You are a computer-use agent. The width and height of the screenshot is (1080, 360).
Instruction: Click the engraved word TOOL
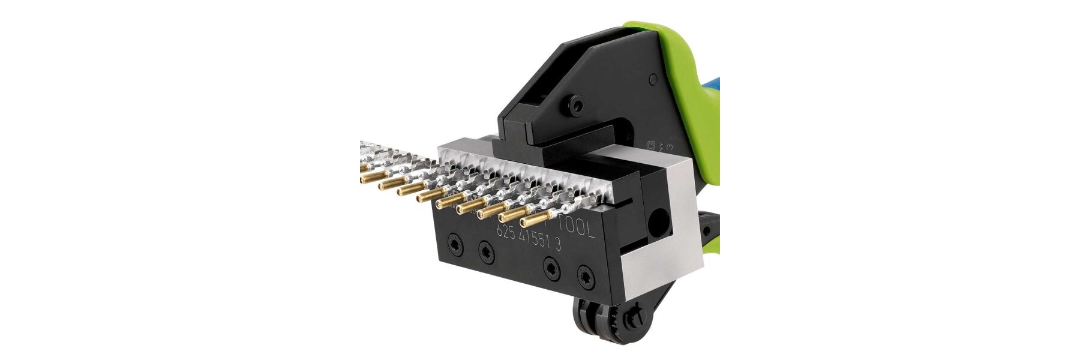click(x=577, y=229)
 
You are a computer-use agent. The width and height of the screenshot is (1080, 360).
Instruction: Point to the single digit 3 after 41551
click(x=558, y=243)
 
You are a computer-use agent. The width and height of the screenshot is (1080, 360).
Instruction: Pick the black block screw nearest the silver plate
click(x=584, y=277)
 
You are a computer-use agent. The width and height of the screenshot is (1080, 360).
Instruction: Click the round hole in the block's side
click(x=660, y=219)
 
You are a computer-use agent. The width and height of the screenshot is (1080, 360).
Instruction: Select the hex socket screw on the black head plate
click(x=577, y=106)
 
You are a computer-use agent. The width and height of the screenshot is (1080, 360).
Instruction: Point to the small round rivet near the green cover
click(x=653, y=80)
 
